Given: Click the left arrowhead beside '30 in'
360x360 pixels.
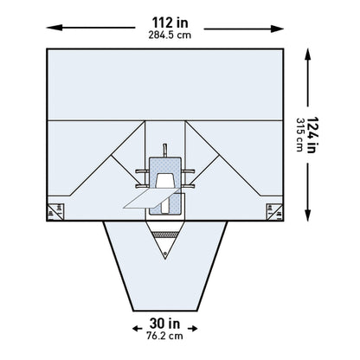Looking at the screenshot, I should [x=134, y=328].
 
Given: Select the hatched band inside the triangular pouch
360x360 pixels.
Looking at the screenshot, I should [x=164, y=235].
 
